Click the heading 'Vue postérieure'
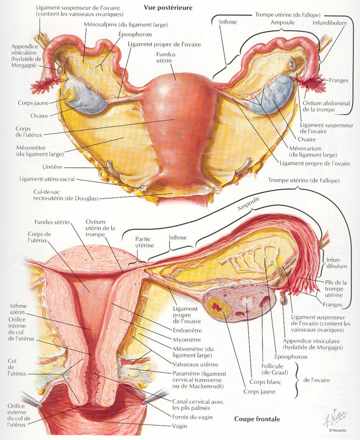pos(168,8)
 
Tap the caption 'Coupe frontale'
pos(257,419)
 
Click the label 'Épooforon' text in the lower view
pos(291,356)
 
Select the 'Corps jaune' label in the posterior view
pos(33,103)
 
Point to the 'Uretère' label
pos(52,167)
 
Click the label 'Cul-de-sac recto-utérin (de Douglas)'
pos(66,195)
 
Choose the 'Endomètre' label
pos(187,331)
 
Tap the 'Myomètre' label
pos(187,340)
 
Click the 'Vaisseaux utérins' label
pos(195,365)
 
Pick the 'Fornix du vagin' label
pos(192,417)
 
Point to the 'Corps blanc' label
pos(265,382)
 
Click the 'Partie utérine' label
pos(145,242)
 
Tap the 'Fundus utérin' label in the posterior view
pos(166,58)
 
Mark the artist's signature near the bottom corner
pos(336,418)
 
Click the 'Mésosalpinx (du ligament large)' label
pos(126,25)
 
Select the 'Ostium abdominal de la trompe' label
pos(326,106)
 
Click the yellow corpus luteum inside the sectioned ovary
pos(216,306)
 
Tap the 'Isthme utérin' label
pos(19,309)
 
